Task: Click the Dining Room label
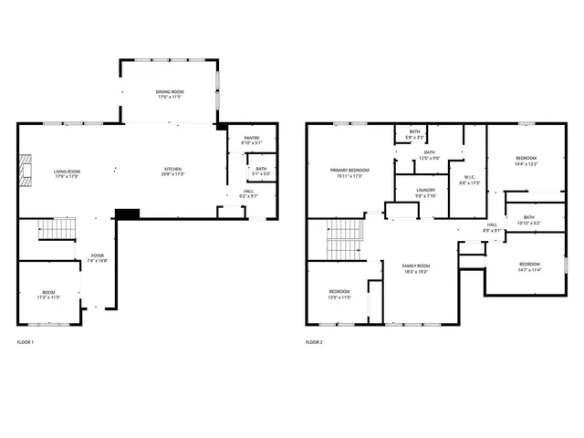(x=171, y=93)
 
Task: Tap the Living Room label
(x=67, y=172)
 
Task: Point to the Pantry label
(x=251, y=141)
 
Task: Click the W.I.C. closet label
(x=469, y=179)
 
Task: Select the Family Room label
(x=416, y=268)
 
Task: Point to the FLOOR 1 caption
(x=26, y=342)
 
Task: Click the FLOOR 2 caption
(x=314, y=342)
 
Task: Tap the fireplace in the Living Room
(x=26, y=170)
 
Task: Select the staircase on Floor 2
(x=344, y=241)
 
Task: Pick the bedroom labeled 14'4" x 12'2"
(x=526, y=161)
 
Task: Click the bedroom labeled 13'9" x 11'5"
(x=339, y=294)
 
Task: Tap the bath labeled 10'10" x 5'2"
(x=529, y=220)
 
